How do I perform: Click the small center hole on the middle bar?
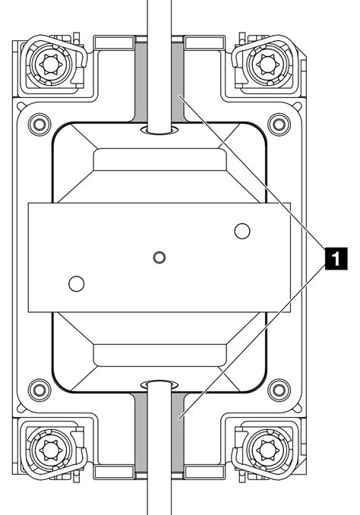point(159,257)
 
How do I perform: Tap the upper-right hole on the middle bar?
point(242,229)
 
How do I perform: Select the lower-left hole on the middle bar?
point(75,284)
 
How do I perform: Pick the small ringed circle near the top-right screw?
point(279,122)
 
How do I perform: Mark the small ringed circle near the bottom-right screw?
point(279,391)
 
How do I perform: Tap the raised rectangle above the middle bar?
point(159,162)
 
